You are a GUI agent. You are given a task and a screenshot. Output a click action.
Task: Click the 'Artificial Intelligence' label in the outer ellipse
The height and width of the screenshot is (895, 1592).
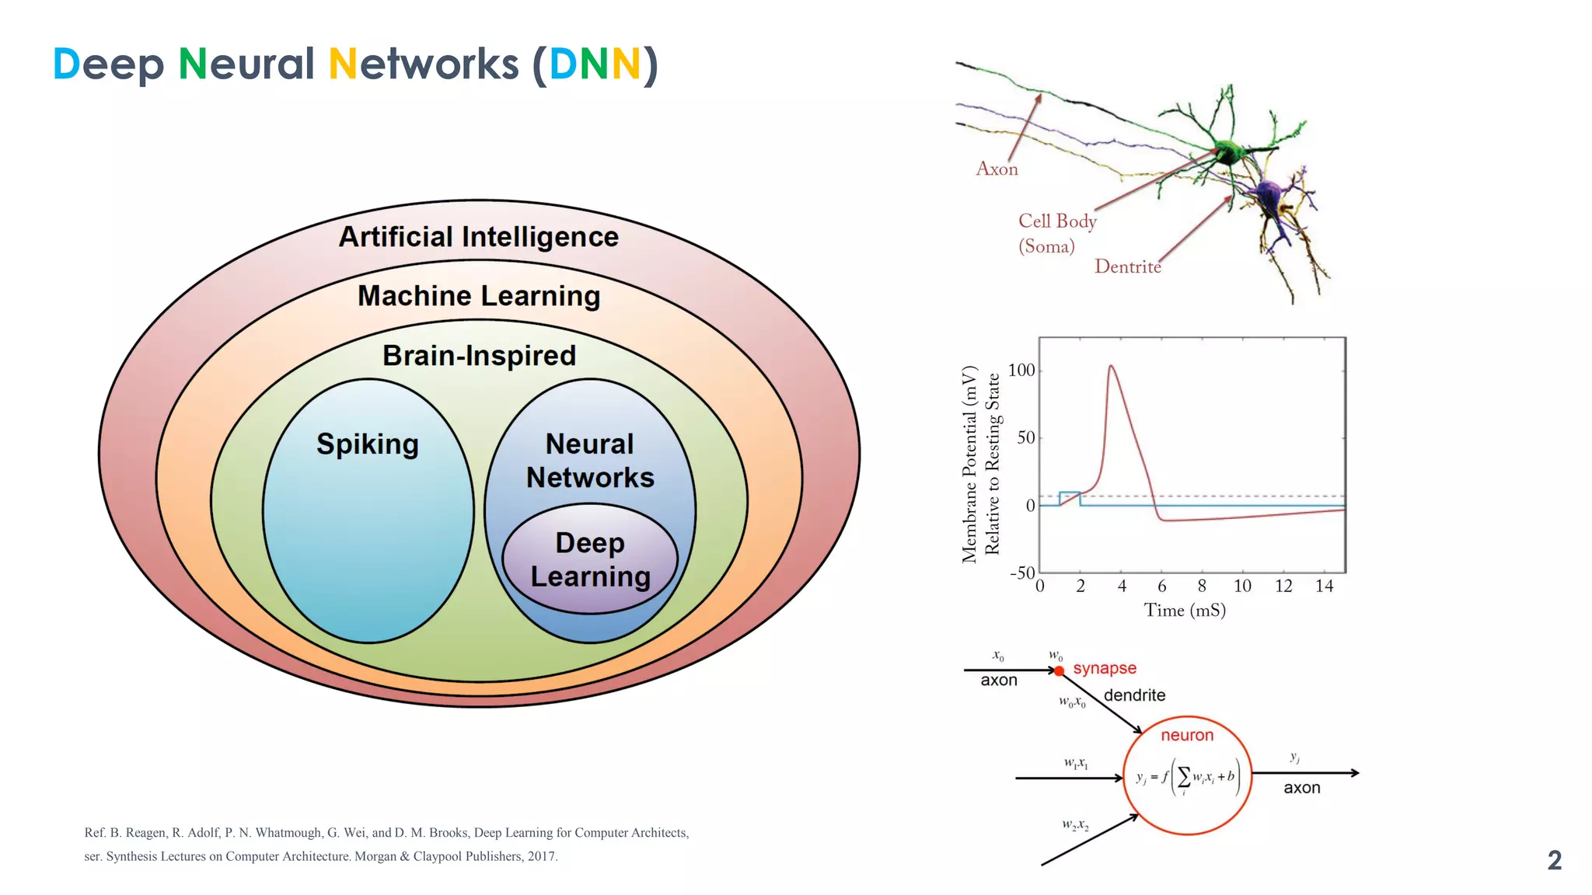[478, 237]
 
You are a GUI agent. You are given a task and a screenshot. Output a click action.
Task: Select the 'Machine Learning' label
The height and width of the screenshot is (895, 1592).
[478, 296]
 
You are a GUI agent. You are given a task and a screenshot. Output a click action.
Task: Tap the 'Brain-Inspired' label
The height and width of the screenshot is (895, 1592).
[479, 356]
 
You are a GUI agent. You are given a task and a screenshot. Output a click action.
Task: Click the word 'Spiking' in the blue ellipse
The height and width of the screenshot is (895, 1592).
[368, 444]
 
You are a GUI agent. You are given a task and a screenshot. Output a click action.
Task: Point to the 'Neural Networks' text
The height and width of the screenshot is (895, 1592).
[590, 460]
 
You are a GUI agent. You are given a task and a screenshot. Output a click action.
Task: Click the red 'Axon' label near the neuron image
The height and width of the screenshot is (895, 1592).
[997, 169]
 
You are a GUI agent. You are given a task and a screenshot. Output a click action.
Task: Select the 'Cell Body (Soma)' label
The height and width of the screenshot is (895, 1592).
[1057, 233]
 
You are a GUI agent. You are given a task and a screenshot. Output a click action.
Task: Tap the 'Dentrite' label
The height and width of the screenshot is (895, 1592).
[1127, 266]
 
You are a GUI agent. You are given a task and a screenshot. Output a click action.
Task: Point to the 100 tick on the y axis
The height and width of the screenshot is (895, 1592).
[1021, 371]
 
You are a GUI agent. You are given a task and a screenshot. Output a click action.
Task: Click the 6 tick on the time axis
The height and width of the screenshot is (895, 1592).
[1161, 587]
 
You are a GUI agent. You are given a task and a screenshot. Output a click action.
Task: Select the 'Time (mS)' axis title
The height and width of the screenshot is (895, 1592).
[1185, 611]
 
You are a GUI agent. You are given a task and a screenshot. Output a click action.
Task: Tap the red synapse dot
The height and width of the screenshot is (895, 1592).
[1059, 670]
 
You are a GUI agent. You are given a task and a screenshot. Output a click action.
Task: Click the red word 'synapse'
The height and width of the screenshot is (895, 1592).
[1105, 668]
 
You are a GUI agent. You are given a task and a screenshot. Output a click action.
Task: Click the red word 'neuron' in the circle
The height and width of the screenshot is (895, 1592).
[1187, 735]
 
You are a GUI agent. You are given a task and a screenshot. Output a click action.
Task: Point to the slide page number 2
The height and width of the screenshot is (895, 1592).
[1554, 860]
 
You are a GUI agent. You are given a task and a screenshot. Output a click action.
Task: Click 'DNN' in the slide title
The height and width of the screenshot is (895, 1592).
[595, 64]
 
